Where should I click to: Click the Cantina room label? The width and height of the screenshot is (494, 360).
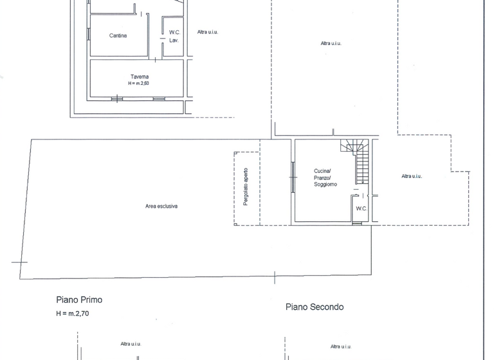click(x=118, y=35)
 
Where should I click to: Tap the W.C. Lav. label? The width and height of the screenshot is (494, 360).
click(x=174, y=36)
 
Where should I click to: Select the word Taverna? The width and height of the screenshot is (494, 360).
click(x=139, y=76)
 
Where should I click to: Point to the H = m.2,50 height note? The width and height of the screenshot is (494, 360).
click(x=139, y=84)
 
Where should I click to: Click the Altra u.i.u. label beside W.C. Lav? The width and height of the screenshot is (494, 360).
click(x=208, y=32)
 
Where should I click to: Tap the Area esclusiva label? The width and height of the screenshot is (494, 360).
click(x=161, y=206)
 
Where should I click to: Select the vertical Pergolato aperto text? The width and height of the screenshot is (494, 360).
click(x=246, y=187)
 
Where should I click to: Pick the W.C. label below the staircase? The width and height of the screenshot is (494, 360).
click(x=361, y=208)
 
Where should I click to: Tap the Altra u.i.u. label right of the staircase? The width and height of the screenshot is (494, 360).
click(x=411, y=176)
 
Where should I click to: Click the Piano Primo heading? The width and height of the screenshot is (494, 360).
click(x=79, y=300)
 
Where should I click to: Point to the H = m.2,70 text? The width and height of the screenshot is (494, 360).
click(x=73, y=314)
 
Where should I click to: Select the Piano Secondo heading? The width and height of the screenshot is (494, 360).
click(x=315, y=307)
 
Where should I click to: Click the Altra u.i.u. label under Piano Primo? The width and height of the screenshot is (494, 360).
click(x=131, y=344)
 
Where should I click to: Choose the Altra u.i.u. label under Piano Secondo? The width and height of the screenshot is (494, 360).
click(x=340, y=346)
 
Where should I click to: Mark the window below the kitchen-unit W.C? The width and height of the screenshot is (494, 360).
click(x=357, y=223)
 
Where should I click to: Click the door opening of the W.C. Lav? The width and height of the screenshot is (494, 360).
click(x=162, y=40)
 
